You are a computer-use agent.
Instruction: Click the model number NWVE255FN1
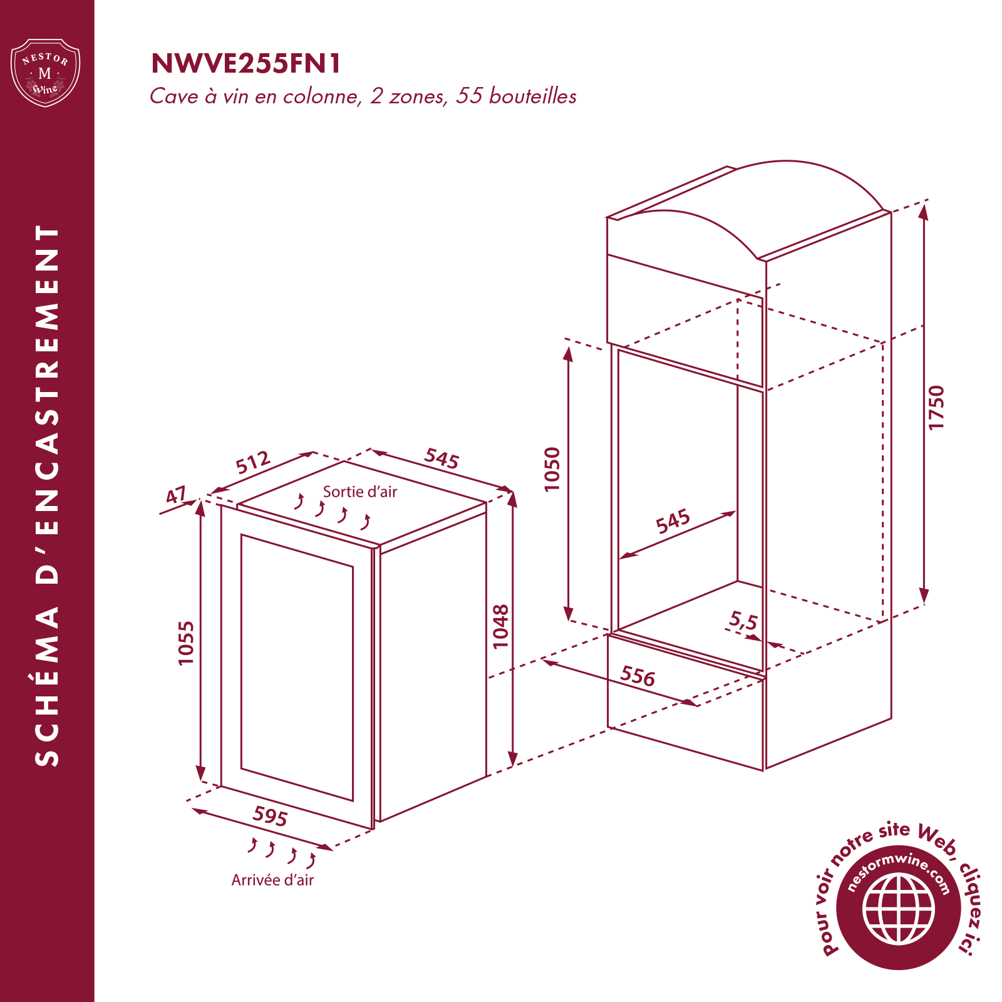coord(246,63)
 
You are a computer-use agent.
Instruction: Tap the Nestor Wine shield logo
coord(46,73)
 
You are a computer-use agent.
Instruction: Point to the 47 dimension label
coord(176,496)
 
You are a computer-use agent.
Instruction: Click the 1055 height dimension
coord(186,643)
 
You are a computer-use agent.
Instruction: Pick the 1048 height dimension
coord(500,626)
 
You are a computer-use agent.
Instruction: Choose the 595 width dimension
coord(270,816)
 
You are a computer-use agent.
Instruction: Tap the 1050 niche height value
coord(552,469)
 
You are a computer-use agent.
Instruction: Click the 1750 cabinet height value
coord(936,407)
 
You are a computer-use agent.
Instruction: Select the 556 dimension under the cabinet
coord(638,676)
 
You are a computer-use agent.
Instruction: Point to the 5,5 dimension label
coord(743,621)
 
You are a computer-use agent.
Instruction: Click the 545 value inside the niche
coord(673,521)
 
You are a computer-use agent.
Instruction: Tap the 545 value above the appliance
coord(442,458)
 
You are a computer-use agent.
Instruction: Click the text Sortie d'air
coord(360,492)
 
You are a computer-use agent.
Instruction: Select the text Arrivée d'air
coord(272,880)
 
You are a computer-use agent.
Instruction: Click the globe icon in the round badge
coord(899,909)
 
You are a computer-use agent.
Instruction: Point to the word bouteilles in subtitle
coord(533,96)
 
